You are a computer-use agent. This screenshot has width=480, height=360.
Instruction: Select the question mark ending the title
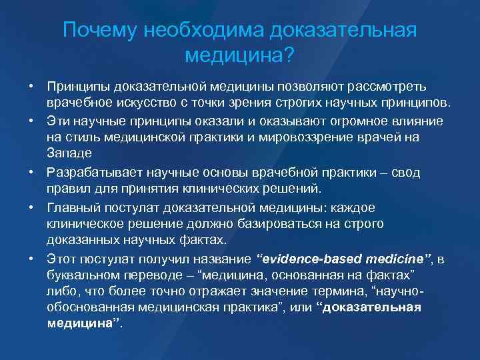click(x=287, y=56)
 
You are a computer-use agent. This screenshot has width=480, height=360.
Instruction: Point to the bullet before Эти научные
click(x=31, y=122)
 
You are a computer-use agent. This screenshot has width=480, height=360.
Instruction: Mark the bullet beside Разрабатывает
click(x=31, y=173)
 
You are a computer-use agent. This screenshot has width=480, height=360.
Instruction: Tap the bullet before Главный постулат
click(x=31, y=207)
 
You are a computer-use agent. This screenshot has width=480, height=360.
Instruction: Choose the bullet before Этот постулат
click(x=31, y=257)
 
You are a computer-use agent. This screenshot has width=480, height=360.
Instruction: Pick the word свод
click(x=405, y=173)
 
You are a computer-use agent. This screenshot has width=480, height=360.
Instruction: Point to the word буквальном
click(x=84, y=274)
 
